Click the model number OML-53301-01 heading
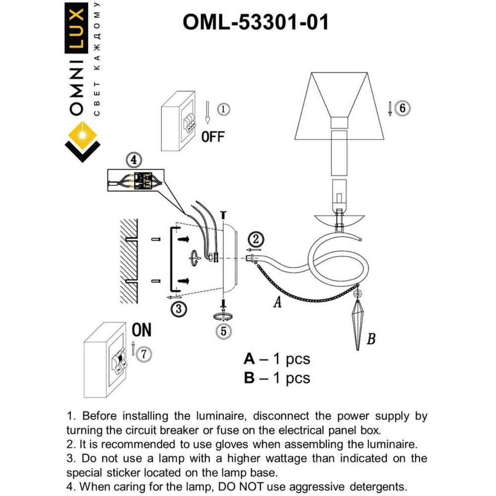pos(255,22)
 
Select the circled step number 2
pos(255,239)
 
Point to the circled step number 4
pos(133,160)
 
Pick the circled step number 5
pos(223,331)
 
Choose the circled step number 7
pos(143,354)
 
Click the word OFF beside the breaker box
pos(213,136)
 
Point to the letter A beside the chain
pos(278,302)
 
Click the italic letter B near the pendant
pos(371,340)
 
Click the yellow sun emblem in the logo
pos(82,133)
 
